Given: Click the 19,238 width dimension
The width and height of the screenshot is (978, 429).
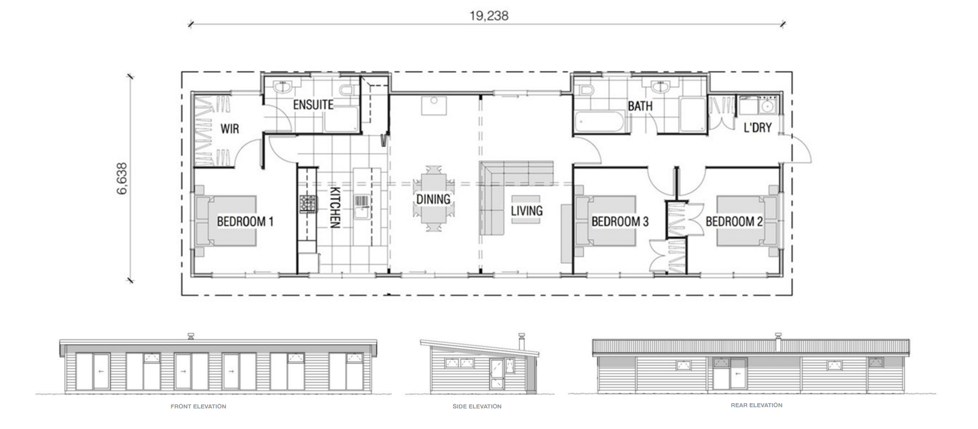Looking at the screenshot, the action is pyautogui.click(x=489, y=16).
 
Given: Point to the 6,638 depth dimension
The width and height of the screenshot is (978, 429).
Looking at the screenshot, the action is pyautogui.click(x=123, y=178).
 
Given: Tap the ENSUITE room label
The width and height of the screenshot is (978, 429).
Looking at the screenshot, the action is pyautogui.click(x=313, y=105).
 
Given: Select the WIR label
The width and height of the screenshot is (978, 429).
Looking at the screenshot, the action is pyautogui.click(x=230, y=129).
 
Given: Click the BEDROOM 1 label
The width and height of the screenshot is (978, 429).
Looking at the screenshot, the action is pyautogui.click(x=245, y=222).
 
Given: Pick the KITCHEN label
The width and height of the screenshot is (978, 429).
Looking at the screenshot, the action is pyautogui.click(x=335, y=207).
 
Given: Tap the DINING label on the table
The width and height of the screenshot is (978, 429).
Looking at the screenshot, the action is pyautogui.click(x=433, y=199).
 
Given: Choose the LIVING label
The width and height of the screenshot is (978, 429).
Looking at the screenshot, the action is pyautogui.click(x=527, y=211).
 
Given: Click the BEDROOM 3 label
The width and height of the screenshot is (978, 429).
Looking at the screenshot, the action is pyautogui.click(x=620, y=222).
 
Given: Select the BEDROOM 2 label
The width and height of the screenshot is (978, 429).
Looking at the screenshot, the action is pyautogui.click(x=735, y=222).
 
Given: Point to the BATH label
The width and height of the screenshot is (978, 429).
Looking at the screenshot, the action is pyautogui.click(x=640, y=106).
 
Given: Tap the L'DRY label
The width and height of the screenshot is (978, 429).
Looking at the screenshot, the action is pyautogui.click(x=757, y=128).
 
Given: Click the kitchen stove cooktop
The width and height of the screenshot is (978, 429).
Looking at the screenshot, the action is pyautogui.click(x=308, y=204).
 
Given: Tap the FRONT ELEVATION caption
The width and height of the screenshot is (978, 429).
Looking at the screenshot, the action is pyautogui.click(x=198, y=406).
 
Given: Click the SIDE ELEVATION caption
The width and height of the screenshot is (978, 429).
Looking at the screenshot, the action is pyautogui.click(x=477, y=406).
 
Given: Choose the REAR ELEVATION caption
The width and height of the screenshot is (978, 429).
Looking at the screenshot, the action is pyautogui.click(x=757, y=405).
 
